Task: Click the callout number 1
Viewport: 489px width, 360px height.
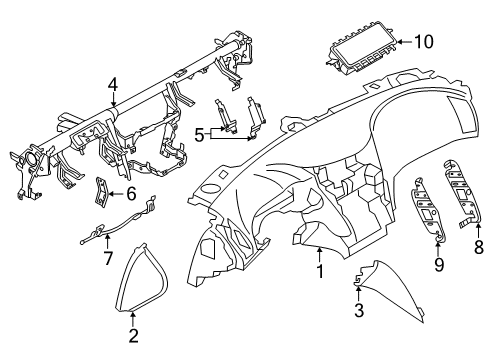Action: coord(319,270)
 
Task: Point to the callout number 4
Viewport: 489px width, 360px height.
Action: coord(115,85)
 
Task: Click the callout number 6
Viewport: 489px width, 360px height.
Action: coord(130,193)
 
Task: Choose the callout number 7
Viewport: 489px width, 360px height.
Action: coord(109,258)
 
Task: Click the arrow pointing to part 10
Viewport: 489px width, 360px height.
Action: coord(402,41)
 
